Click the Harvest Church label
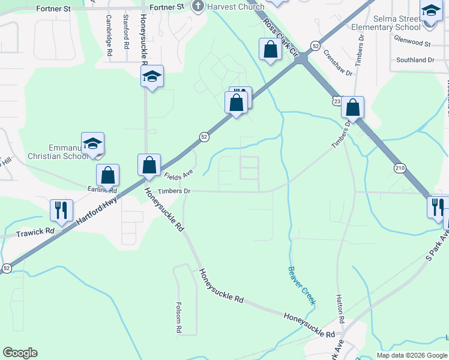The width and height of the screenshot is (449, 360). (235, 7)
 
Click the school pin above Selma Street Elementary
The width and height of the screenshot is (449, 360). (430, 13)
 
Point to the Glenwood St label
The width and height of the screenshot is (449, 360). (412, 44)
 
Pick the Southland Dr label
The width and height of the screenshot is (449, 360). (415, 60)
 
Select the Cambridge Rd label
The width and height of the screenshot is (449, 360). (110, 36)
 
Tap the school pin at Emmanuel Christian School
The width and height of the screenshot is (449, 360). (93, 144)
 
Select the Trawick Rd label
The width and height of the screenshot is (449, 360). (35, 232)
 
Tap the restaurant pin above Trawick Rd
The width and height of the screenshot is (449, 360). (61, 211)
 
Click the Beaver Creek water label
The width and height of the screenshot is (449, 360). (301, 285)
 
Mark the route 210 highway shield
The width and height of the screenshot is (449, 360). (400, 169)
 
